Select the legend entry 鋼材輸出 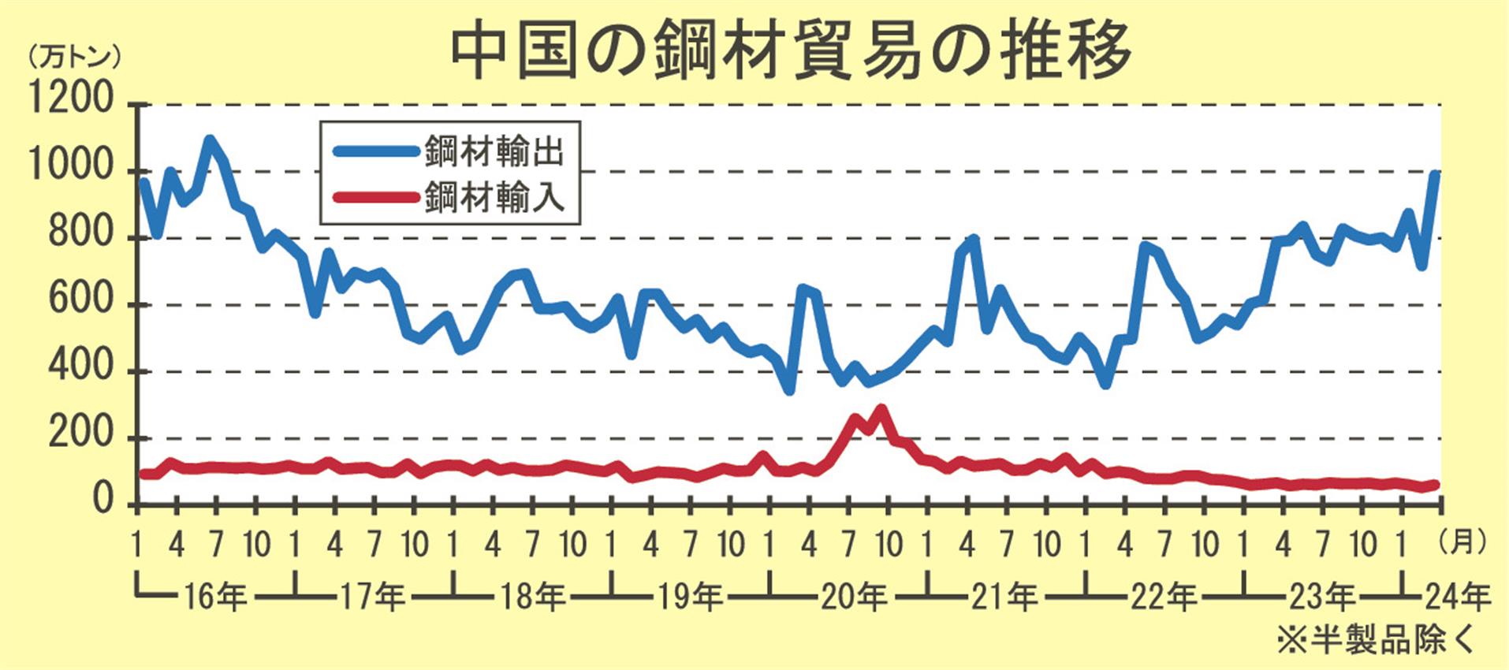tap(494, 151)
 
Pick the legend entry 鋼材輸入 tap(494, 197)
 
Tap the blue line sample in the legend tap(374, 151)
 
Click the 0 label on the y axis tap(103, 501)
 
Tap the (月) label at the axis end tap(1462, 542)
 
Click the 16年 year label tap(215, 597)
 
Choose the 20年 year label tap(854, 597)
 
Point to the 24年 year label tap(1459, 597)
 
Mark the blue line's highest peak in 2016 tap(210, 140)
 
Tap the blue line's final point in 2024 tap(1436, 174)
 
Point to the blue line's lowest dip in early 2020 tap(789, 389)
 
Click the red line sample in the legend tap(374, 197)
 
